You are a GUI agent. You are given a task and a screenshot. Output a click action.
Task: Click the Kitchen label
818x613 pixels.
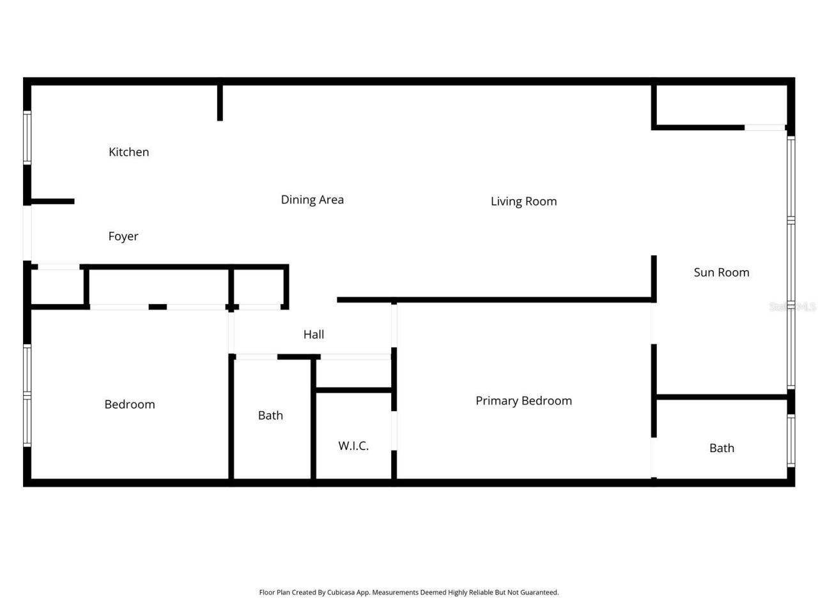pos(128,152)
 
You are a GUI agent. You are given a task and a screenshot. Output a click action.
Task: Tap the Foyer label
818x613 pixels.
pos(123,236)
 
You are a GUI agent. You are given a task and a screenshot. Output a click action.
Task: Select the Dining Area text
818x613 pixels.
pos(312,200)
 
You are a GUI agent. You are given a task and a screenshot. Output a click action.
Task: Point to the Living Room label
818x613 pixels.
pos(523,201)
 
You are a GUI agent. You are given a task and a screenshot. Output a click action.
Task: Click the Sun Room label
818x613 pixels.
pos(722,273)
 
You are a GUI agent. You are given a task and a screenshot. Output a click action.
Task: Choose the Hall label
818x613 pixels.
pos(313,335)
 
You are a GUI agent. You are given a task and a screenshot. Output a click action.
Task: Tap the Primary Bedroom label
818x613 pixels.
pos(523,401)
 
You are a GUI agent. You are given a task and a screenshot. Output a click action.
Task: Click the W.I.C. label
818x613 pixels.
pos(353,446)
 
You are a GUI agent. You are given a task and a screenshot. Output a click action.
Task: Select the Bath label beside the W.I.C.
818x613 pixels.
pos(270,416)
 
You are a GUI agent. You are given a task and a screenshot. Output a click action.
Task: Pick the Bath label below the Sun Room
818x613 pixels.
pos(722,448)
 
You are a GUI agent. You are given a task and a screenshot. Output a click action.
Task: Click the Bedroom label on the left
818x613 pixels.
pos(130,404)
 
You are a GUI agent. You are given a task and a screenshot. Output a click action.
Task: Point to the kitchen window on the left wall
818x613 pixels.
pos(27,137)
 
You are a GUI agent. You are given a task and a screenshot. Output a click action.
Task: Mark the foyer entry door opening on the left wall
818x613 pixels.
pos(27,233)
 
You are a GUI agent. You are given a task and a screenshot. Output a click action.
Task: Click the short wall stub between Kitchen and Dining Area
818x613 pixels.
pos(220,102)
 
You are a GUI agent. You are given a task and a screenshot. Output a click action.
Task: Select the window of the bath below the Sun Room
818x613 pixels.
pos(791,441)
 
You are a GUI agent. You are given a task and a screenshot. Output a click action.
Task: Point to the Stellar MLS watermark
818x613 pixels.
pos(792,307)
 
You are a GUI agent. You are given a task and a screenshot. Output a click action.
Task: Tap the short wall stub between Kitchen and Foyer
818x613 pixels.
pos(52,202)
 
